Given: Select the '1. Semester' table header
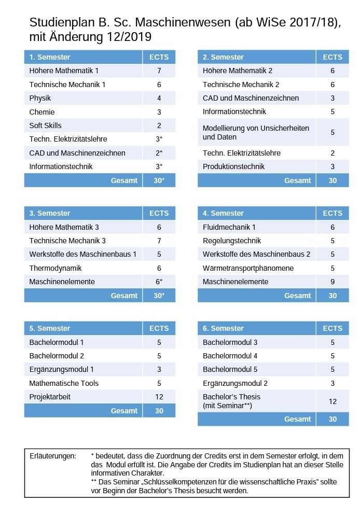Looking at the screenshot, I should pos(50,57).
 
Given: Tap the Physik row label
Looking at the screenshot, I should pos(40,98).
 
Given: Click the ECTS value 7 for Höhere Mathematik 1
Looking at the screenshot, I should pos(159,71).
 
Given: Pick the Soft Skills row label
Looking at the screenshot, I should pos(45,126).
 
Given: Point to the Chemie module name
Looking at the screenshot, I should pos(42,112).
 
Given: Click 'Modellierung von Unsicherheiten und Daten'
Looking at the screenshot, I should pos(256,132).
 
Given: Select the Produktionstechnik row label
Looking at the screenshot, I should pos(233,166).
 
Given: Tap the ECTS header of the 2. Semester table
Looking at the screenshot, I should pos(332,57).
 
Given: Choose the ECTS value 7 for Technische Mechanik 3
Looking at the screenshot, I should pos(159,241).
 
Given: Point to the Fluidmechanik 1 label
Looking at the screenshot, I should pos(229,227).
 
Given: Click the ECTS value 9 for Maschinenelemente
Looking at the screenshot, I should pos(332,282).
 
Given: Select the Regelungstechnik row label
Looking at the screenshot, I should pos(232,241).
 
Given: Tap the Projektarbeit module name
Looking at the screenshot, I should pos(50,397).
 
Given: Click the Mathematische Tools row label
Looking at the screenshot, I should pos(64,383).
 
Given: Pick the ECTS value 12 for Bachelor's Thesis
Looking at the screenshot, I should pos(332,401).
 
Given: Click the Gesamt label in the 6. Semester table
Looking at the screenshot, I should pos(298,419).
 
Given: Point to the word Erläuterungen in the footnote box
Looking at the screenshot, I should pos(53,456).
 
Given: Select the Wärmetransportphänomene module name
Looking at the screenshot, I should pos(248,268).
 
